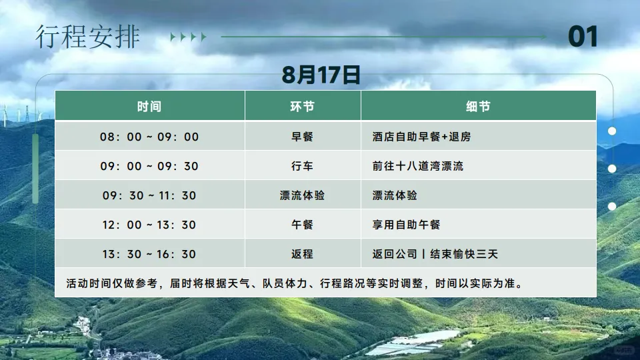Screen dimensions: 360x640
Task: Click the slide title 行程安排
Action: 87,37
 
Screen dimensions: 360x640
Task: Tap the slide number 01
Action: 583,37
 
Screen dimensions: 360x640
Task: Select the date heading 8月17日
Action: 321,75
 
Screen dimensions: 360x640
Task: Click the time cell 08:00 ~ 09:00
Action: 149,137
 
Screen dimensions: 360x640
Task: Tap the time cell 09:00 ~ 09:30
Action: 149,166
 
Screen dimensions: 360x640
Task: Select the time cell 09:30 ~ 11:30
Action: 149,195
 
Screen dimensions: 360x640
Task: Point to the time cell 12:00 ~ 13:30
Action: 149,225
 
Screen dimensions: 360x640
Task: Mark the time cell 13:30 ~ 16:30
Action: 149,254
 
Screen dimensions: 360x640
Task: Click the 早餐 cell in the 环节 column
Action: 303,137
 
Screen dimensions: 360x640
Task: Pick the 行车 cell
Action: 303,166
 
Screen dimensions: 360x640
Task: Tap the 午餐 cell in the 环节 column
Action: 303,225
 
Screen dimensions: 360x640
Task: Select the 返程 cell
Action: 303,254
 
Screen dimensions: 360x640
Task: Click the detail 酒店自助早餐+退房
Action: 421,137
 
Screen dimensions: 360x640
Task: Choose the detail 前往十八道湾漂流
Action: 418,166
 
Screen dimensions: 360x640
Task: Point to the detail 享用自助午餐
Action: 407,225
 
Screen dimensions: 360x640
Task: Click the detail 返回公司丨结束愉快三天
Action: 435,254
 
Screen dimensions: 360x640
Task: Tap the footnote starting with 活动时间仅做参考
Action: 294,283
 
